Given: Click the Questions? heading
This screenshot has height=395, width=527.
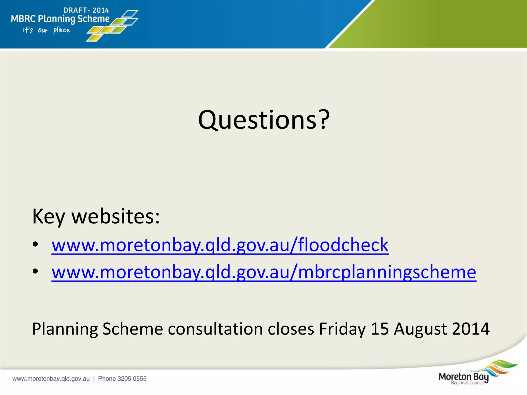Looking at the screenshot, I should coord(263,120).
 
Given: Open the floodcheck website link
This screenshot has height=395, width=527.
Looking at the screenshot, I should coord(220,245).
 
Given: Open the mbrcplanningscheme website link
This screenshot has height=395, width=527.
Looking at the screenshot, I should coord(264,272).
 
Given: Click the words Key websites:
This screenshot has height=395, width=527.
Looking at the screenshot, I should coord(96,217).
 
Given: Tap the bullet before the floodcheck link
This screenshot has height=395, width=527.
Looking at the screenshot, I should coord(36,244).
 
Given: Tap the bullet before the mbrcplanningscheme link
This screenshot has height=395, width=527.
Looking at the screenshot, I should coord(36,271).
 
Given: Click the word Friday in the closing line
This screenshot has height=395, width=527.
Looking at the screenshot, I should coord(342,329).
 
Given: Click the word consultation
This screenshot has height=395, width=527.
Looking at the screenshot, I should coord(215,329).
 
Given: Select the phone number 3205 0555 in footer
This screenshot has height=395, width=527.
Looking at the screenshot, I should coord(132,379).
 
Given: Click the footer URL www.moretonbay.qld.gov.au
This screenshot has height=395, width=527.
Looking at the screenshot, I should coord(51,379).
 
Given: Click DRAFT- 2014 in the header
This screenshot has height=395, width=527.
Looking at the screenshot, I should coord(86,10).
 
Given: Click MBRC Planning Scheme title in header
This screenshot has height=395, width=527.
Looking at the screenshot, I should coord(60,19).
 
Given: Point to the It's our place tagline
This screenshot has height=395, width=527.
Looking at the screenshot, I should coord(47,30).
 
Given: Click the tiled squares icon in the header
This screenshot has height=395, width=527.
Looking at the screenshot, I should coord(113,26).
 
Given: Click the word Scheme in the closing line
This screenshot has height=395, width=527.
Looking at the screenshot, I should coord(133,329).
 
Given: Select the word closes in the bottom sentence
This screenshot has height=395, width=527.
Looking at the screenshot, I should coord(291,329).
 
